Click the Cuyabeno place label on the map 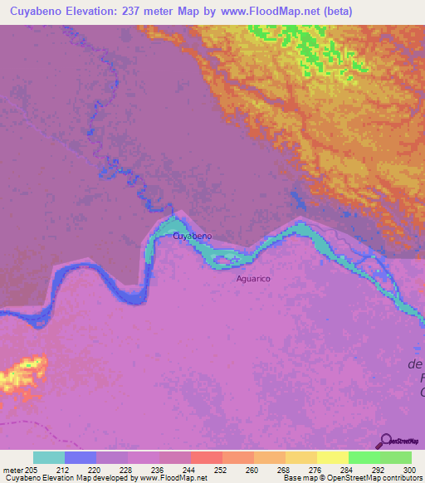point(192,236)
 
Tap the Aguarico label point(253,279)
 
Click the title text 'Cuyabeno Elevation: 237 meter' point(100,12)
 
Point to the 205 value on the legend point(32,469)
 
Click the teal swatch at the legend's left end point(49,457)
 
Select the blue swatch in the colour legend point(81,457)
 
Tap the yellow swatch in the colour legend point(333,457)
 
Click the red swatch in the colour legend point(207,457)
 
